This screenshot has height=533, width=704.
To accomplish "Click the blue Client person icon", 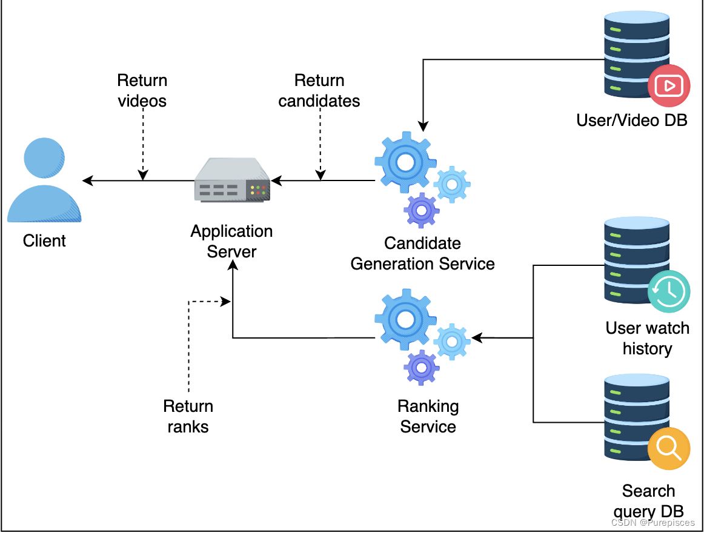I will [x=44, y=180].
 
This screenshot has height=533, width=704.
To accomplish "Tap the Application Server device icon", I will [x=232, y=180].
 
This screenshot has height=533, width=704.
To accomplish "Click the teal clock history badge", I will [x=669, y=292].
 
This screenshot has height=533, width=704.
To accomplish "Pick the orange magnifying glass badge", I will [x=669, y=448].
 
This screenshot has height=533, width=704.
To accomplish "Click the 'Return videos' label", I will [x=142, y=91].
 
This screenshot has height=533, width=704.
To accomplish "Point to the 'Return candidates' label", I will [x=319, y=91].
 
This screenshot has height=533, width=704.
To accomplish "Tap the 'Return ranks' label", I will [x=188, y=416].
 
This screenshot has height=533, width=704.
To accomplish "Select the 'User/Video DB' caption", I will [x=632, y=120].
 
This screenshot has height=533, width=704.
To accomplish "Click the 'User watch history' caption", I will [x=647, y=338].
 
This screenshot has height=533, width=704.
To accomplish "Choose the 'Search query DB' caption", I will [x=648, y=500].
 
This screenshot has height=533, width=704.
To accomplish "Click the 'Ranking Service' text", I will [x=428, y=416].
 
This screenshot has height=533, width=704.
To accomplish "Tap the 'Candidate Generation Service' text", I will [x=423, y=254].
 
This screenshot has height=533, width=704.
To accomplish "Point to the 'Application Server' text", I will [x=231, y=241].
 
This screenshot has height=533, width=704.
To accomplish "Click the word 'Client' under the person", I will [x=44, y=241].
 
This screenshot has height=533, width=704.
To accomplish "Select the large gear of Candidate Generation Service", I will [x=405, y=162].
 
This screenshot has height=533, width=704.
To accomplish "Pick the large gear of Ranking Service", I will [x=405, y=319].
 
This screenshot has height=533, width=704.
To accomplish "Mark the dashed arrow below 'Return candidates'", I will [x=320, y=145].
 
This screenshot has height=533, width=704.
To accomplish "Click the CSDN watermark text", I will [x=653, y=522].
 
